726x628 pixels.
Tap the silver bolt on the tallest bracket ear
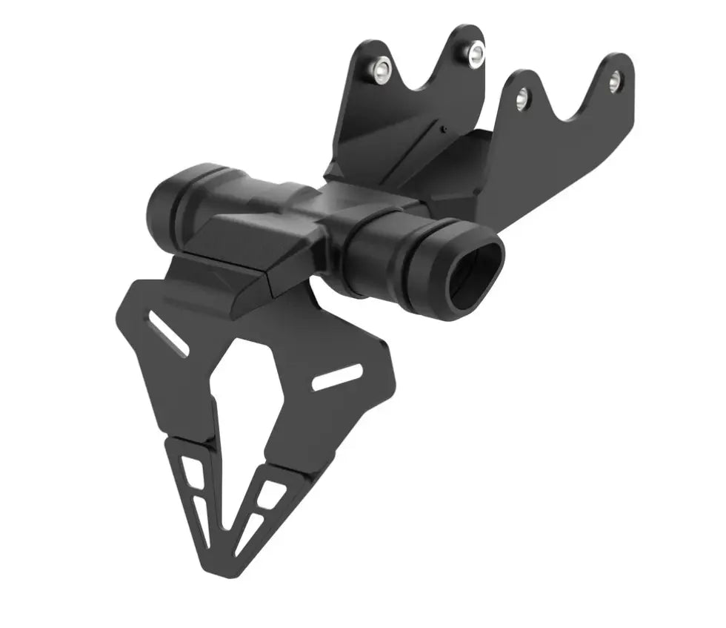475,53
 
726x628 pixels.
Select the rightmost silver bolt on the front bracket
614,82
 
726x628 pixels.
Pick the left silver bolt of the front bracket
522,96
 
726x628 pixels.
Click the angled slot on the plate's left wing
168,334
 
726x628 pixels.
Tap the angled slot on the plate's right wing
337,377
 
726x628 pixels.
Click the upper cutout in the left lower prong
192,469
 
